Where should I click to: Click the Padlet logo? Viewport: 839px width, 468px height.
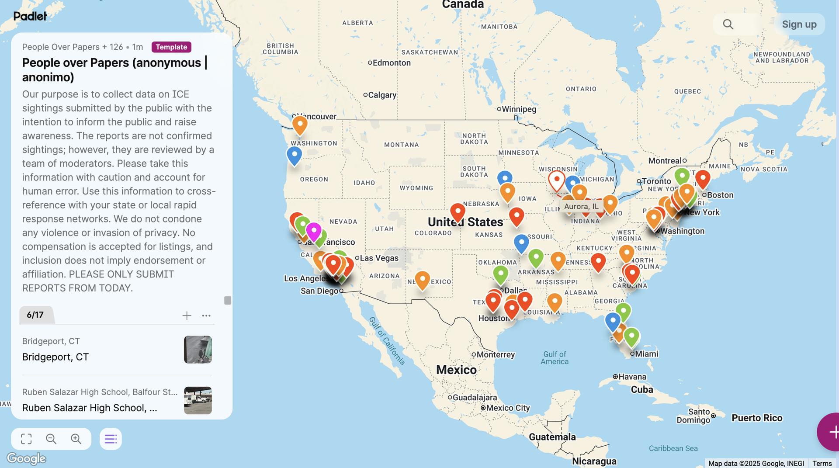30,16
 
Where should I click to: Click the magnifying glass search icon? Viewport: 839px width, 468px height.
728,24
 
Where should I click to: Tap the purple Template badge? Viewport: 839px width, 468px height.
171,47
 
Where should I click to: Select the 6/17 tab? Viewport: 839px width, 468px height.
35,315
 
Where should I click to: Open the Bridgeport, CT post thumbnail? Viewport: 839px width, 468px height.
198,350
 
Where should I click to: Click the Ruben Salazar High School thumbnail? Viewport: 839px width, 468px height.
198,400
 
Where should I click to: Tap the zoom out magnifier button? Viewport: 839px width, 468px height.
51,439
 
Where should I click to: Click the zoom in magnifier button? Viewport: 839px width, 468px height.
76,439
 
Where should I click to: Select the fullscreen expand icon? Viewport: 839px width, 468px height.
26,439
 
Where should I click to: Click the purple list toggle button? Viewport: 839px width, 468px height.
111,439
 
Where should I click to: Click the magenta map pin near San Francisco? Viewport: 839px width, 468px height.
314,230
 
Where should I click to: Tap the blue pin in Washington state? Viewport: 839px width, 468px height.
295,155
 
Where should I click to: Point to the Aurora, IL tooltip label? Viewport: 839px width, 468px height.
581,207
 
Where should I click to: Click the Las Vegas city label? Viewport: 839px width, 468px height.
379,258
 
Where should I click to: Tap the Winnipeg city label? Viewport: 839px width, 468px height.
519,109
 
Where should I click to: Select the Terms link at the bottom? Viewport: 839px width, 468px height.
822,463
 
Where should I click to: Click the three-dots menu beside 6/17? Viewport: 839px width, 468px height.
206,315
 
